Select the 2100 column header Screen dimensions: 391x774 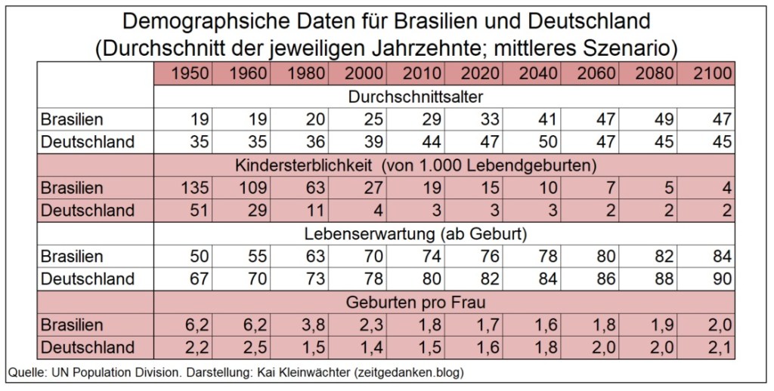point(711,74)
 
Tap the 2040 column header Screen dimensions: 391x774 point(538,74)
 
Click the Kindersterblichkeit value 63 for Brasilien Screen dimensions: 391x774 point(317,188)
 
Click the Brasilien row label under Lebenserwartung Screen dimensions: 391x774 point(72,257)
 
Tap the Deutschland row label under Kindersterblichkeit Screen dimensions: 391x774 point(87,211)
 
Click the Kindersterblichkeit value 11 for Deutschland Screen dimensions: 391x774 point(317,211)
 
